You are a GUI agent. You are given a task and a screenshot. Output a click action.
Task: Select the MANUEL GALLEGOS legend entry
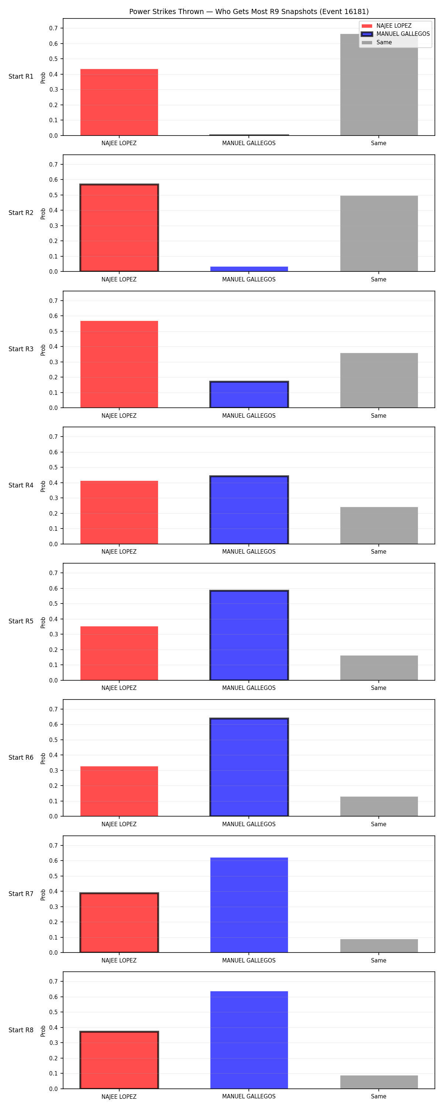coord(395,34)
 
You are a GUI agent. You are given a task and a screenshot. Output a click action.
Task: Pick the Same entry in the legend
coord(377,42)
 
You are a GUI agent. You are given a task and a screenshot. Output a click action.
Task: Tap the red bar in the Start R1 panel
coord(119,102)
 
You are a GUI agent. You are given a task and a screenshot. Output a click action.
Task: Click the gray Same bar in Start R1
coord(379,85)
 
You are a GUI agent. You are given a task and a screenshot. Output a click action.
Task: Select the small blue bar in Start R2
coord(249,269)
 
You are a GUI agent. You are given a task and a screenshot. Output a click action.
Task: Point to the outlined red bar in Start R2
coord(119,228)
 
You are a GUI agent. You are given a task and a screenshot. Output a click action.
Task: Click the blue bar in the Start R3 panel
coord(249,394)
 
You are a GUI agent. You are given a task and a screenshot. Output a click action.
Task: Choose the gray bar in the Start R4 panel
coord(379,525)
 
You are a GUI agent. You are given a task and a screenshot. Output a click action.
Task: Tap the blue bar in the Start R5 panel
coord(249,635)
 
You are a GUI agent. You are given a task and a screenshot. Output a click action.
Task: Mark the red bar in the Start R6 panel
coord(119,791)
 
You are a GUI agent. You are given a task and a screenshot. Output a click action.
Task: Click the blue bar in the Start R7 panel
coord(249,905)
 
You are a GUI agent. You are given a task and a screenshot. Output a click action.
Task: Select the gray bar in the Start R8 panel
coord(379,1082)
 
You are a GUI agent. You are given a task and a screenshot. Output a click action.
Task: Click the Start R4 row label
coord(21,485)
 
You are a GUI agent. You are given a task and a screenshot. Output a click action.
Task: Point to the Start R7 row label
coord(21,894)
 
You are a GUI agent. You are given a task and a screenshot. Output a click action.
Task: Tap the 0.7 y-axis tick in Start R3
coord(53,301)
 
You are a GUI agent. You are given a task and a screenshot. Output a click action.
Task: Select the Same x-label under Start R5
coord(378,688)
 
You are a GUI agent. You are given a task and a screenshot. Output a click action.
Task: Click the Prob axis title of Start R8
coord(43,1031)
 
